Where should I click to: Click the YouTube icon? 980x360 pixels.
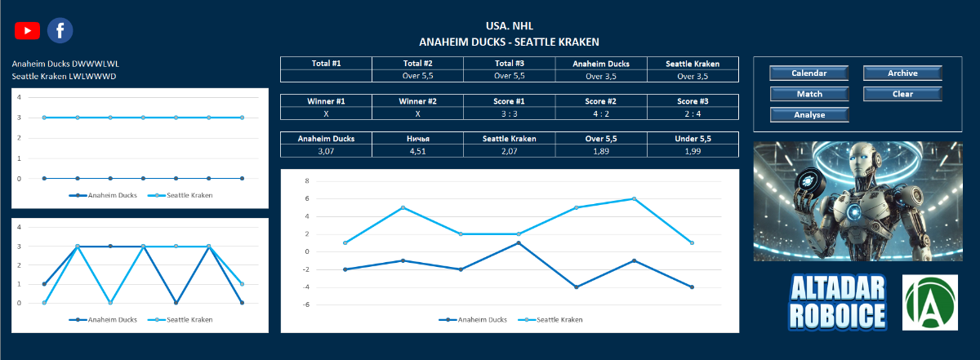(x=27, y=30)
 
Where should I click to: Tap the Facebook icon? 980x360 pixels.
(x=60, y=30)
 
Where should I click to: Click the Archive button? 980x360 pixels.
(x=902, y=73)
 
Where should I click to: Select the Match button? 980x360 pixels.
(x=809, y=94)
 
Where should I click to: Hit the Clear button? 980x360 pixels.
(x=902, y=94)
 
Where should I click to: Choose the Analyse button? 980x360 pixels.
(x=809, y=115)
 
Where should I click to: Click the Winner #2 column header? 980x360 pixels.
(x=417, y=101)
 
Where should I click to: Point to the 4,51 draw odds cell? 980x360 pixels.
(x=417, y=151)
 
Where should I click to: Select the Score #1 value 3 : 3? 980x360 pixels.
(x=509, y=113)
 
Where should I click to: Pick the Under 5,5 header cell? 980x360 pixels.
(x=693, y=139)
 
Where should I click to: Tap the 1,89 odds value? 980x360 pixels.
(x=601, y=151)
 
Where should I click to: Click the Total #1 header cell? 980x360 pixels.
(x=326, y=63)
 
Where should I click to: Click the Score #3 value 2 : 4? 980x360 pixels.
(x=693, y=113)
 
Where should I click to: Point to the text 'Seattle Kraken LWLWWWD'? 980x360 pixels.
(x=64, y=77)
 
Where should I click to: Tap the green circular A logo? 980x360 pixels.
(x=929, y=302)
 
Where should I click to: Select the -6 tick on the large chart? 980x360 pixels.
(x=305, y=304)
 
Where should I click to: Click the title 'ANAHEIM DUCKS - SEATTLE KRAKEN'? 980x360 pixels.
(x=509, y=42)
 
